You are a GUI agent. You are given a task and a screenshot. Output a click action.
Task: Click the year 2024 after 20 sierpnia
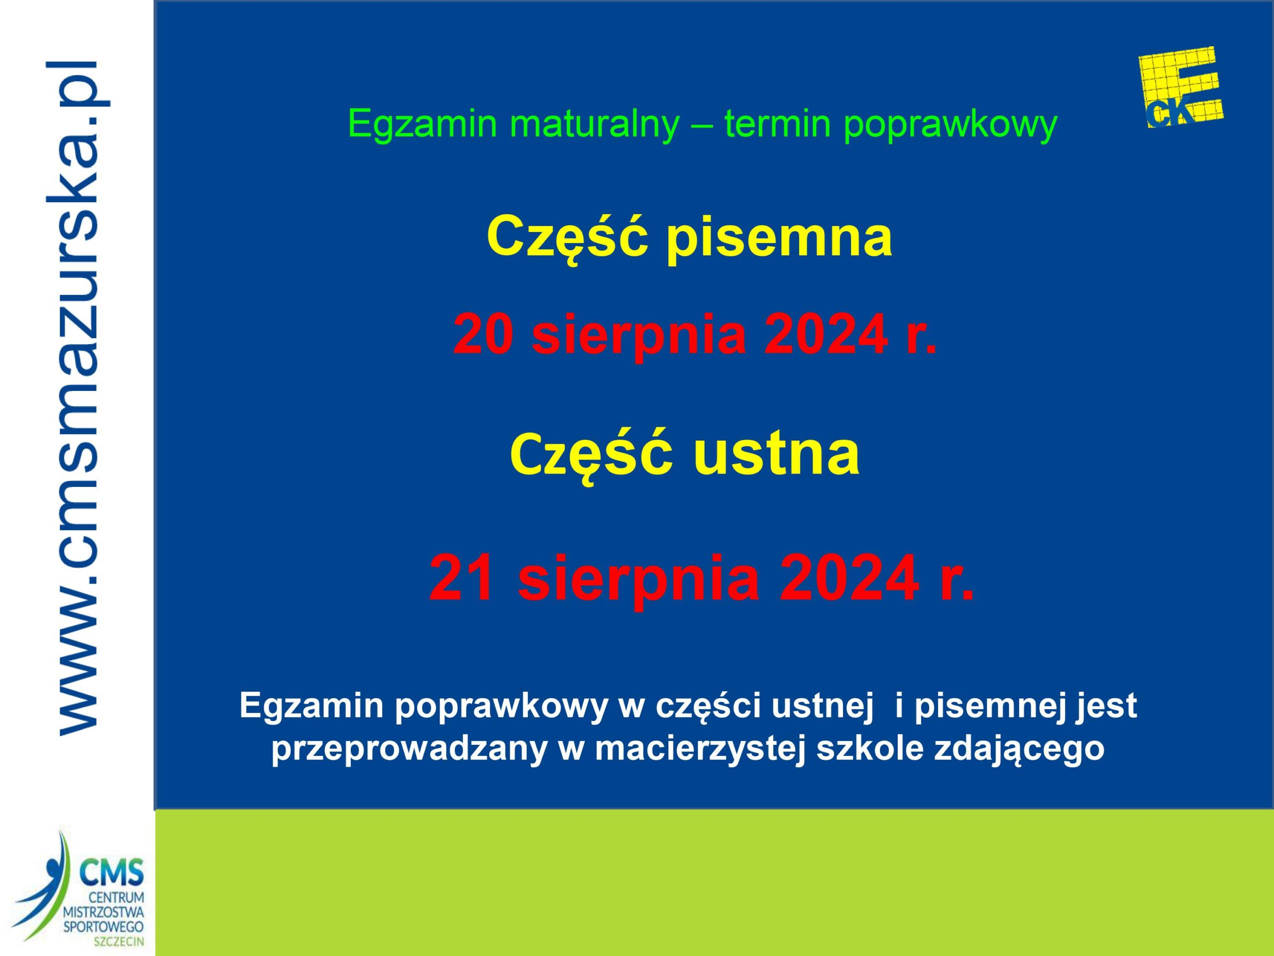pos(824,335)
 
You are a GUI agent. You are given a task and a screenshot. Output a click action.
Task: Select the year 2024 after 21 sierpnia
pos(849,577)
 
